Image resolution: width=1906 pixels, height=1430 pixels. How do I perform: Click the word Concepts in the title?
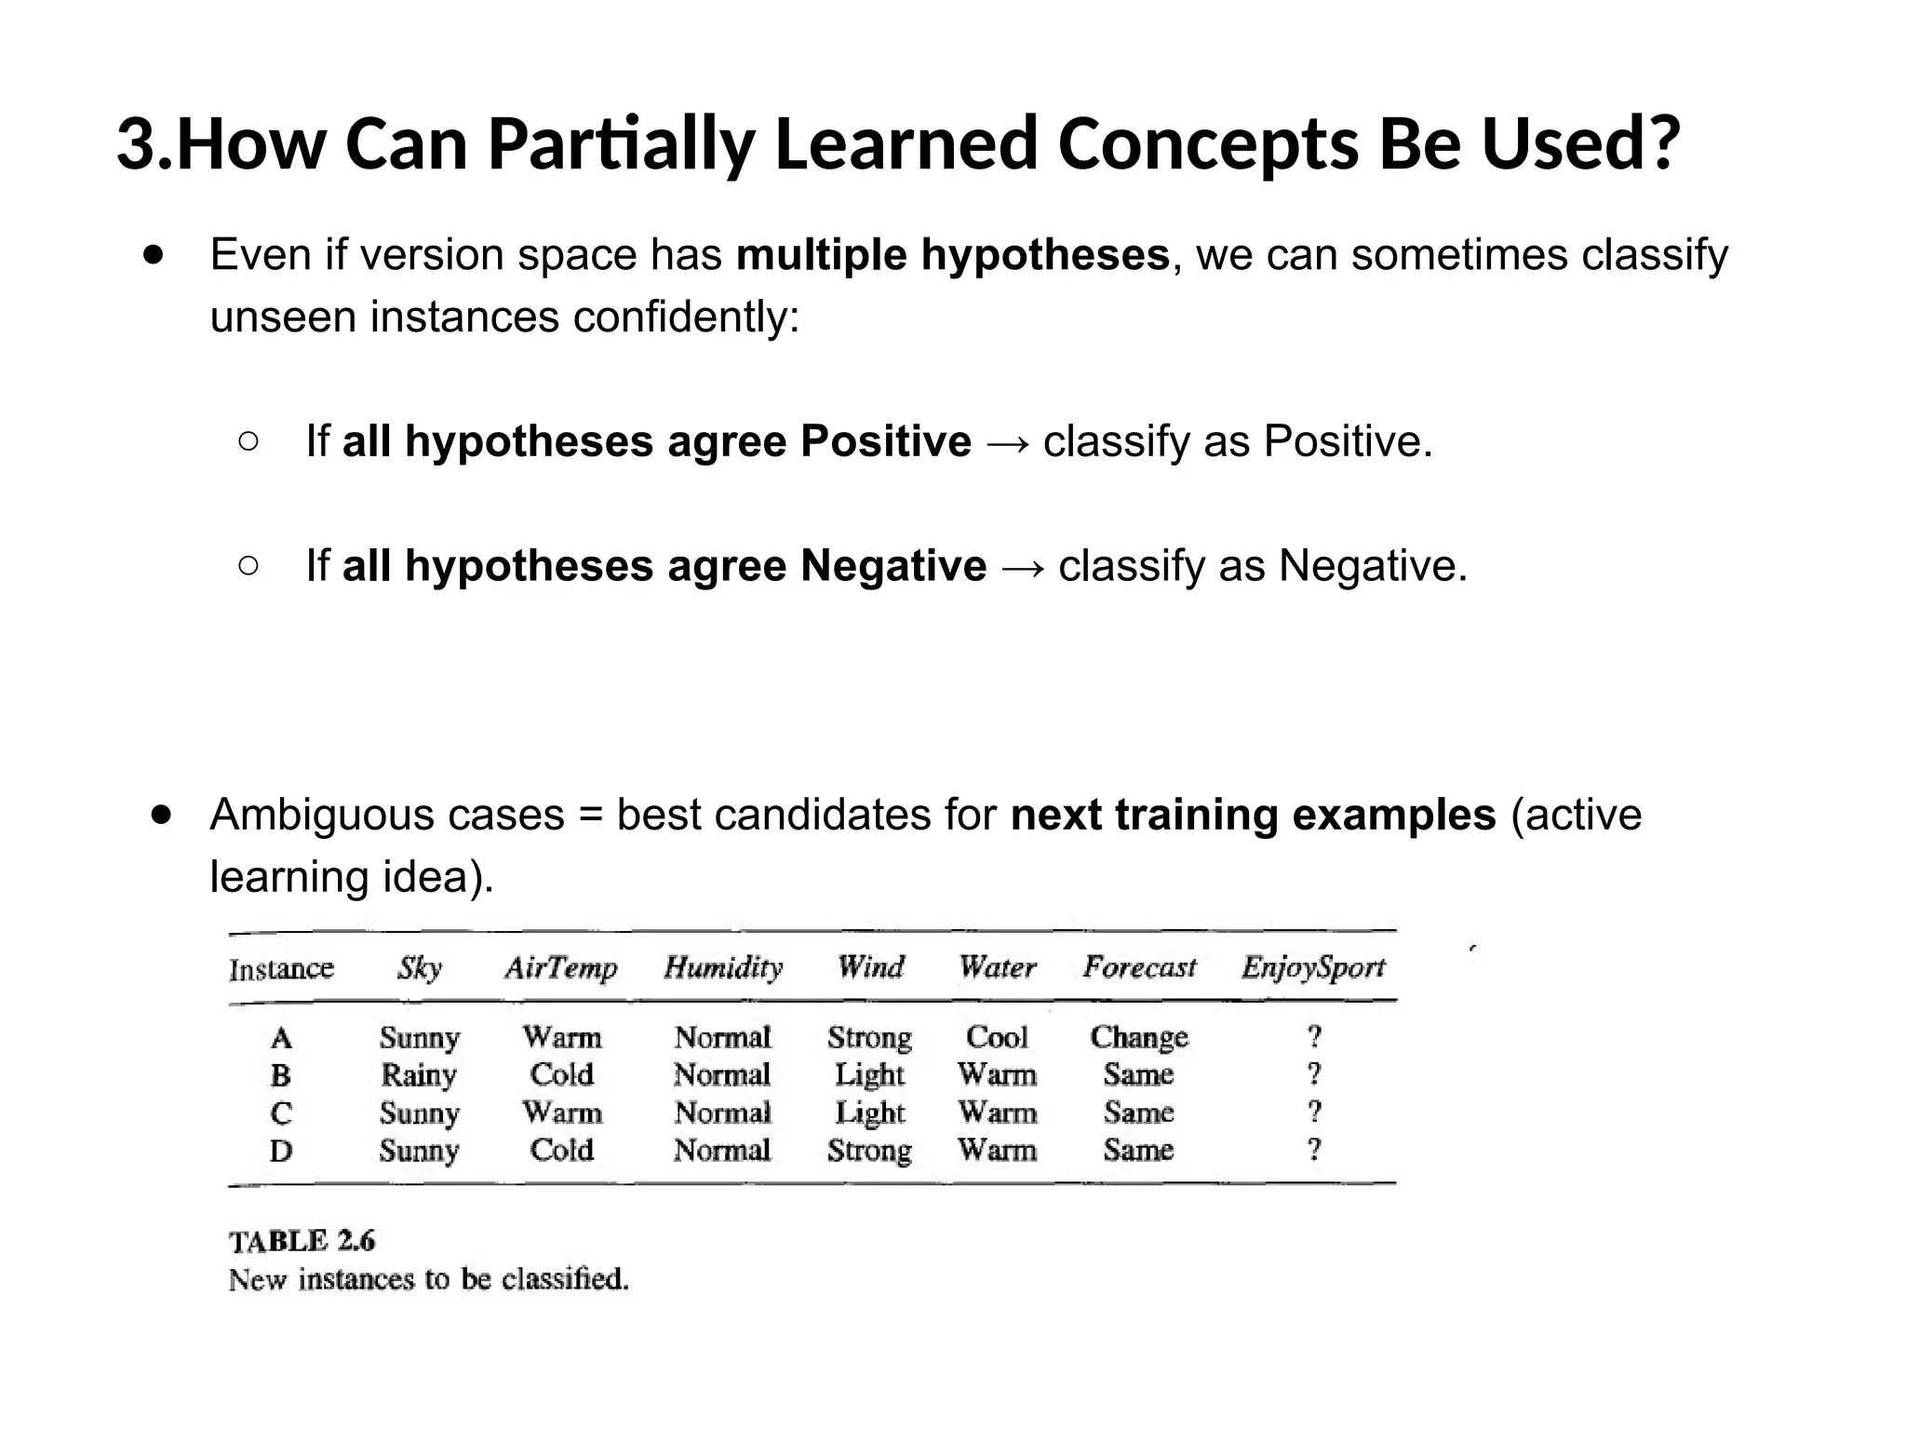click(x=1208, y=144)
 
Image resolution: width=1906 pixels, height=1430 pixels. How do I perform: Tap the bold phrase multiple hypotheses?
click(x=952, y=254)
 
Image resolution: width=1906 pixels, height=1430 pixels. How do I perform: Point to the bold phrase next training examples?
click(x=1253, y=815)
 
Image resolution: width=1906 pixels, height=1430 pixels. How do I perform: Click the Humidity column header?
click(x=723, y=967)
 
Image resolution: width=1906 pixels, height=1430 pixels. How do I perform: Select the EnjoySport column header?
click(x=1312, y=967)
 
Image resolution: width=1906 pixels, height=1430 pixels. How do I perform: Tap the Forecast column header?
click(x=1139, y=967)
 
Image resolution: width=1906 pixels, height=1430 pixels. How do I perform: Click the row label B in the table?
click(x=281, y=1075)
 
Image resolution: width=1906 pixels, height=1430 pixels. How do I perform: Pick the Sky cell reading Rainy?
click(x=419, y=1075)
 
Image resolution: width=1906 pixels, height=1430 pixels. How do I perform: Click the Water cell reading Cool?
click(x=997, y=1037)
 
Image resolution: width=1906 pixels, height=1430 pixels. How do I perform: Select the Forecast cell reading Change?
click(x=1139, y=1037)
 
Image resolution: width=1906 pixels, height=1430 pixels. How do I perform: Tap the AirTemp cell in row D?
click(x=561, y=1150)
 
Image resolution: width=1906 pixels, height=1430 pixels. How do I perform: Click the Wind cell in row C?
click(x=869, y=1113)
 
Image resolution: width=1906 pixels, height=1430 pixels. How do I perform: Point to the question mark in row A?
click(x=1314, y=1036)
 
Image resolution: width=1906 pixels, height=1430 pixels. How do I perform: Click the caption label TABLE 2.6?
click(x=302, y=1241)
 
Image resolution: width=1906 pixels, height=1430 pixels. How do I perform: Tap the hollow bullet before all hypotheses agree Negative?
click(x=248, y=565)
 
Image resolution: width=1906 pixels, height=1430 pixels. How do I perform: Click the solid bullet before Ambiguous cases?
click(x=162, y=815)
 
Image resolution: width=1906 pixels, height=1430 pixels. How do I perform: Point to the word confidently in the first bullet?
click(x=686, y=317)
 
